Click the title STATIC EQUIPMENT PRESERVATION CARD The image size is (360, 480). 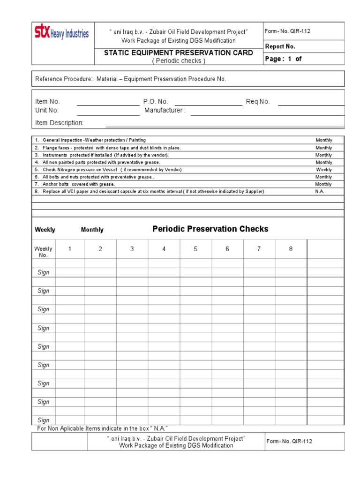coord(178,52)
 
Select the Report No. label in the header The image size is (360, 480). coord(280,46)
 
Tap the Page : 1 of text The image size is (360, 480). coord(284,59)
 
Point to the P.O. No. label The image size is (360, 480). coord(156,102)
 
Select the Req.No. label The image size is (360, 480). coord(258,102)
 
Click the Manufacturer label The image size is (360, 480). coord(165,110)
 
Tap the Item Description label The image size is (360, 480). coord(59,123)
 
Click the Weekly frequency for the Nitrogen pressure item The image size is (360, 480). coord(323,170)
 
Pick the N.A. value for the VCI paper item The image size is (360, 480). coord(320,192)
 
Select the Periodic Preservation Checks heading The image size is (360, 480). coord(210,229)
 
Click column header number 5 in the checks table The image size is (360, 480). coord(196,249)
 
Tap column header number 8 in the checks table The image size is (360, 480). coord(291,249)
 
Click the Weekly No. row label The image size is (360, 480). coord(43,252)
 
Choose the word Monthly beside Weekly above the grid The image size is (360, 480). coord(92,230)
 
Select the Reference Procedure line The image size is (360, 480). coord(131,79)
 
